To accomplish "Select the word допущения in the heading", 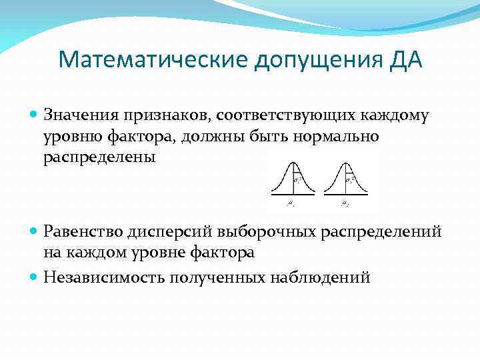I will tap(315, 61).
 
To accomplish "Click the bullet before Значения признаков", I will tap(35, 115).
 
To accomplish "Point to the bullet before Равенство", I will tap(35, 231).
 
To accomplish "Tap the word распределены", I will tap(100, 157).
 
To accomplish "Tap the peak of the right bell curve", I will tap(345, 163).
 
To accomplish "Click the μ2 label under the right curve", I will tap(345, 203).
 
